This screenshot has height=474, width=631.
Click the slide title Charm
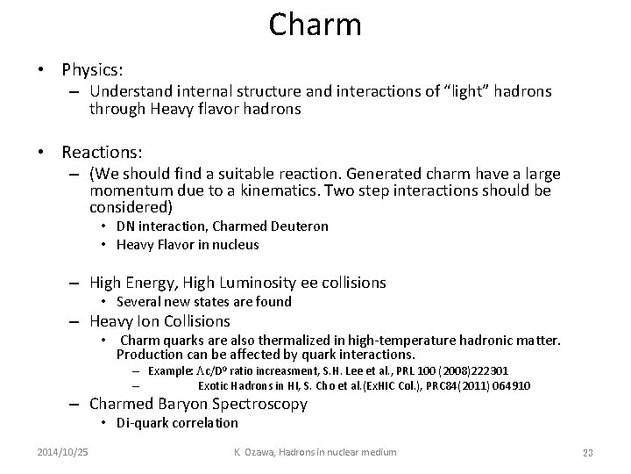[315, 24]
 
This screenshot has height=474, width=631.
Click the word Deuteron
[301, 226]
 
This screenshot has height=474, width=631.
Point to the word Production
[150, 355]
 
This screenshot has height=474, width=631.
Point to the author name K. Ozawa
[258, 451]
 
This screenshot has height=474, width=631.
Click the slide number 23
[588, 452]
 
